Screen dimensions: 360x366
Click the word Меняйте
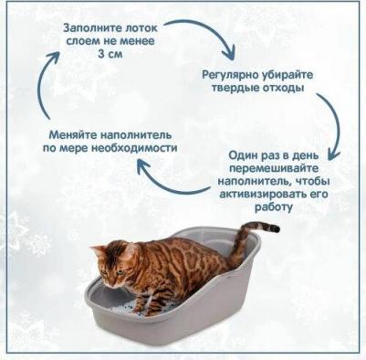coord(71,133)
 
